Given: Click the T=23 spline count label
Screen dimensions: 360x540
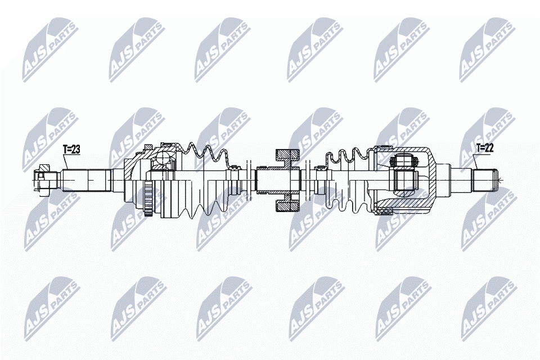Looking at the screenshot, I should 72,150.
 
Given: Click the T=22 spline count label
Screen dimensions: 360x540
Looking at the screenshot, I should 485,148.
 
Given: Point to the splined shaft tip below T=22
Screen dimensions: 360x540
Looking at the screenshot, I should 485,180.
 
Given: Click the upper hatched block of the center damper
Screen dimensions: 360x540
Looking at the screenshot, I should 287,155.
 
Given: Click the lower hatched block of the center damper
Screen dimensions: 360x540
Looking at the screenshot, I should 287,205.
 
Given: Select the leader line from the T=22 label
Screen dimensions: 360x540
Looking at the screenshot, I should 475,163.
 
